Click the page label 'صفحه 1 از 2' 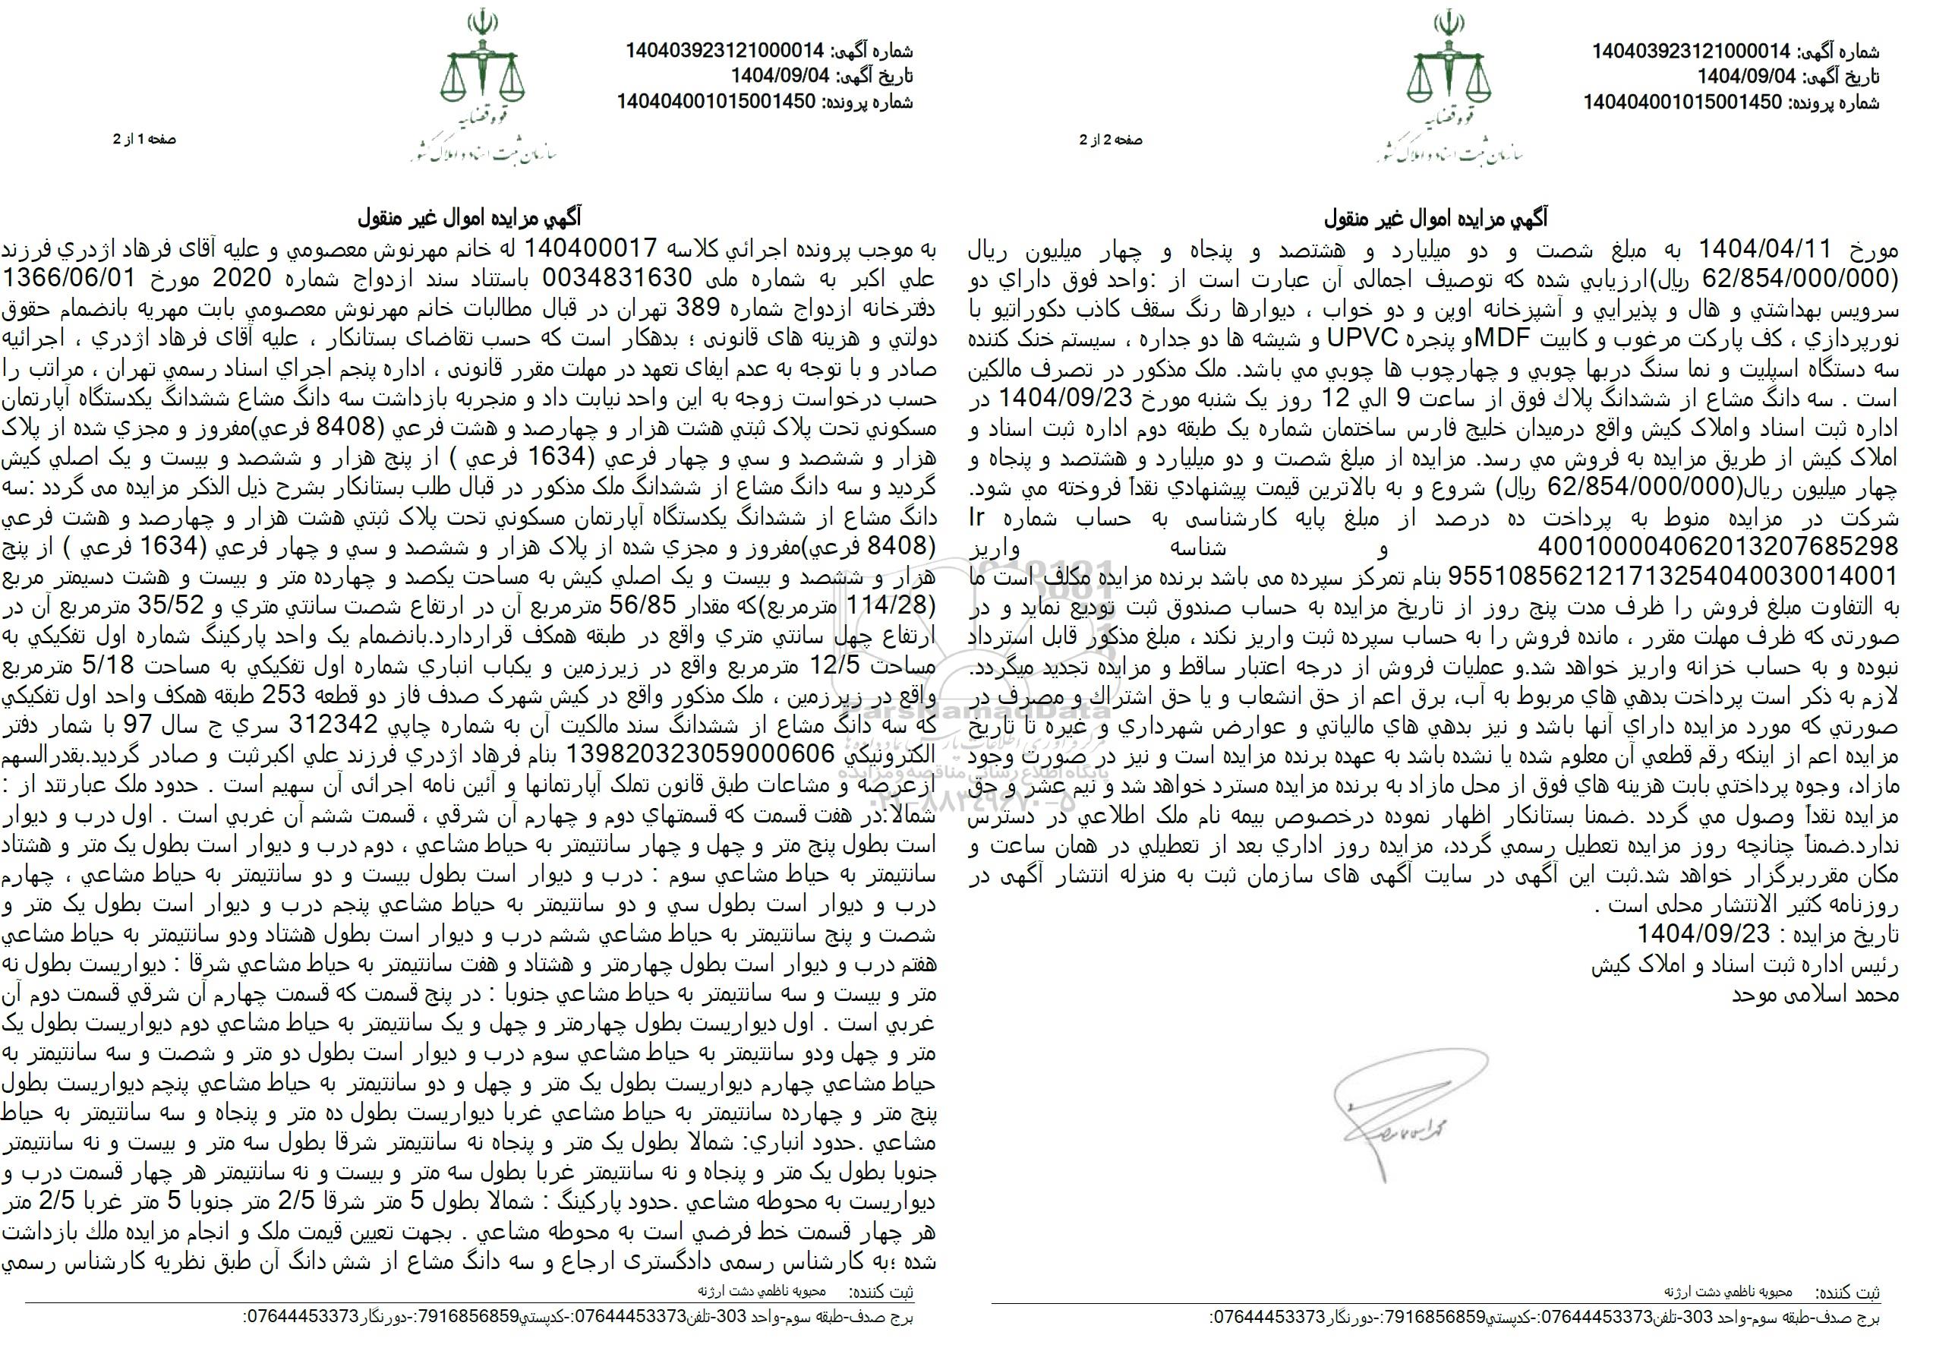tap(144, 139)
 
